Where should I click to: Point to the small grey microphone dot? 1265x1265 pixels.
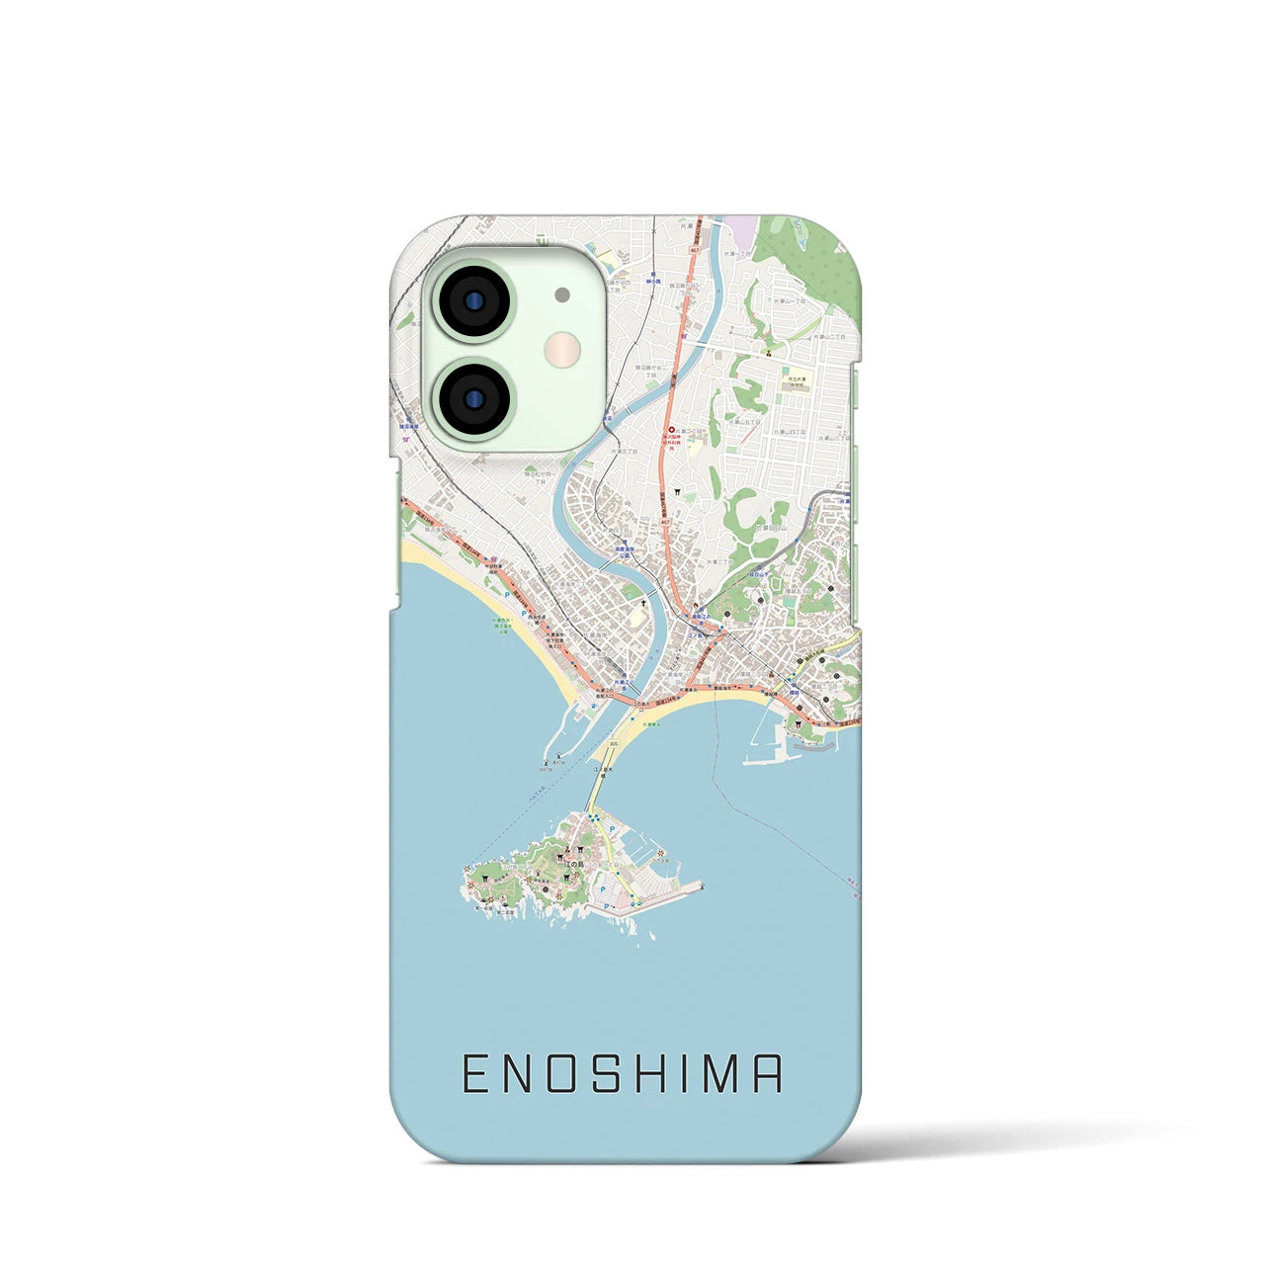tap(562, 295)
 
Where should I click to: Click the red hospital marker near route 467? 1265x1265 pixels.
tap(673, 430)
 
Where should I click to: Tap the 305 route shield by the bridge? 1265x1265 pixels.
tap(615, 744)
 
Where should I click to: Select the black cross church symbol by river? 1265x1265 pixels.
tap(643, 604)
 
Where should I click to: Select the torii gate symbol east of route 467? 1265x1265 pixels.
tap(678, 491)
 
